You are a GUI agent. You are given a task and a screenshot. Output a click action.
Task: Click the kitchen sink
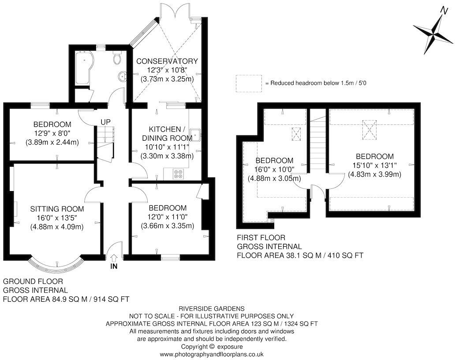point(197,135)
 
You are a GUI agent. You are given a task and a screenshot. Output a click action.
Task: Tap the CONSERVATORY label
point(167,61)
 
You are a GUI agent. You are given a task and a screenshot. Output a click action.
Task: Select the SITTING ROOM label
point(57,209)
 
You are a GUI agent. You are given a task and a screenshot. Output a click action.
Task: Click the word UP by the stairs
point(105,122)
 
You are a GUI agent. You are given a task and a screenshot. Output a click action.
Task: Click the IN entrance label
point(114,267)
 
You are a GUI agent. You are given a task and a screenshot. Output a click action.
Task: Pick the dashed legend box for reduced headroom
point(249,83)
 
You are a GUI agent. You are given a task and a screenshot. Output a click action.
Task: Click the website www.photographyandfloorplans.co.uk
point(212,354)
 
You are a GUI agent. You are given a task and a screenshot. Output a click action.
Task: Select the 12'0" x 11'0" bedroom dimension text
point(167,217)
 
